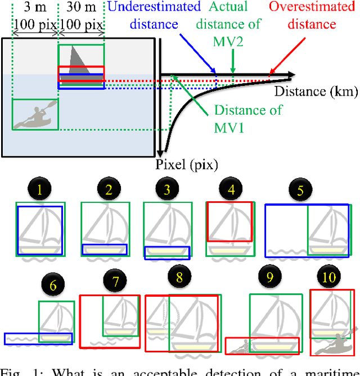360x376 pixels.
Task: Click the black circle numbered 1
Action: point(39,191)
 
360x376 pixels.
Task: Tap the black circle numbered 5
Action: point(300,191)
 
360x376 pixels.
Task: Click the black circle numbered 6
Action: point(53,286)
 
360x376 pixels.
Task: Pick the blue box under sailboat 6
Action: point(38,338)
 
